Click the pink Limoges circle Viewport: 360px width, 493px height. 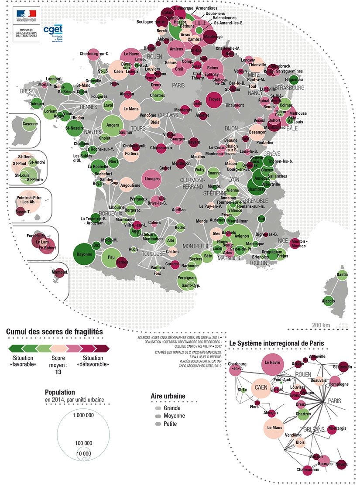151,179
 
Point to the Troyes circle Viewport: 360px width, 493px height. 215,99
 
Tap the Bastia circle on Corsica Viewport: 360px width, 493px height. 342,275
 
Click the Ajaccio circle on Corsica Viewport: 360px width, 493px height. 328,301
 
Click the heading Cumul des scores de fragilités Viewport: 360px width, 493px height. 55,332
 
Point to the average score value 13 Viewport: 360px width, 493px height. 58,372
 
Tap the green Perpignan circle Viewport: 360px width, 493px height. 187,277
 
